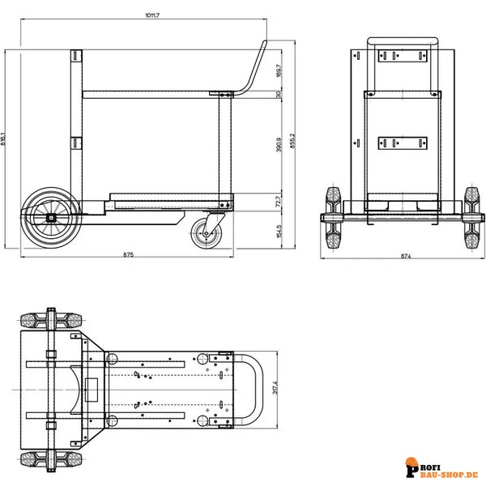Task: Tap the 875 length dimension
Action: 128,256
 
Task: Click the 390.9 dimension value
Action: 278,144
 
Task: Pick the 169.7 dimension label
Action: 278,71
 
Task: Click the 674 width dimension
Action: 405,256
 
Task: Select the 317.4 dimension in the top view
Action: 275,388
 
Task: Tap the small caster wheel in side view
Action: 206,235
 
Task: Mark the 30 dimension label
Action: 278,95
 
